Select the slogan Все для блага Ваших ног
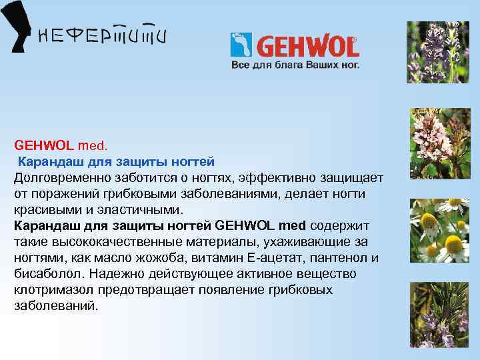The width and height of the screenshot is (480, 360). [295, 65]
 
